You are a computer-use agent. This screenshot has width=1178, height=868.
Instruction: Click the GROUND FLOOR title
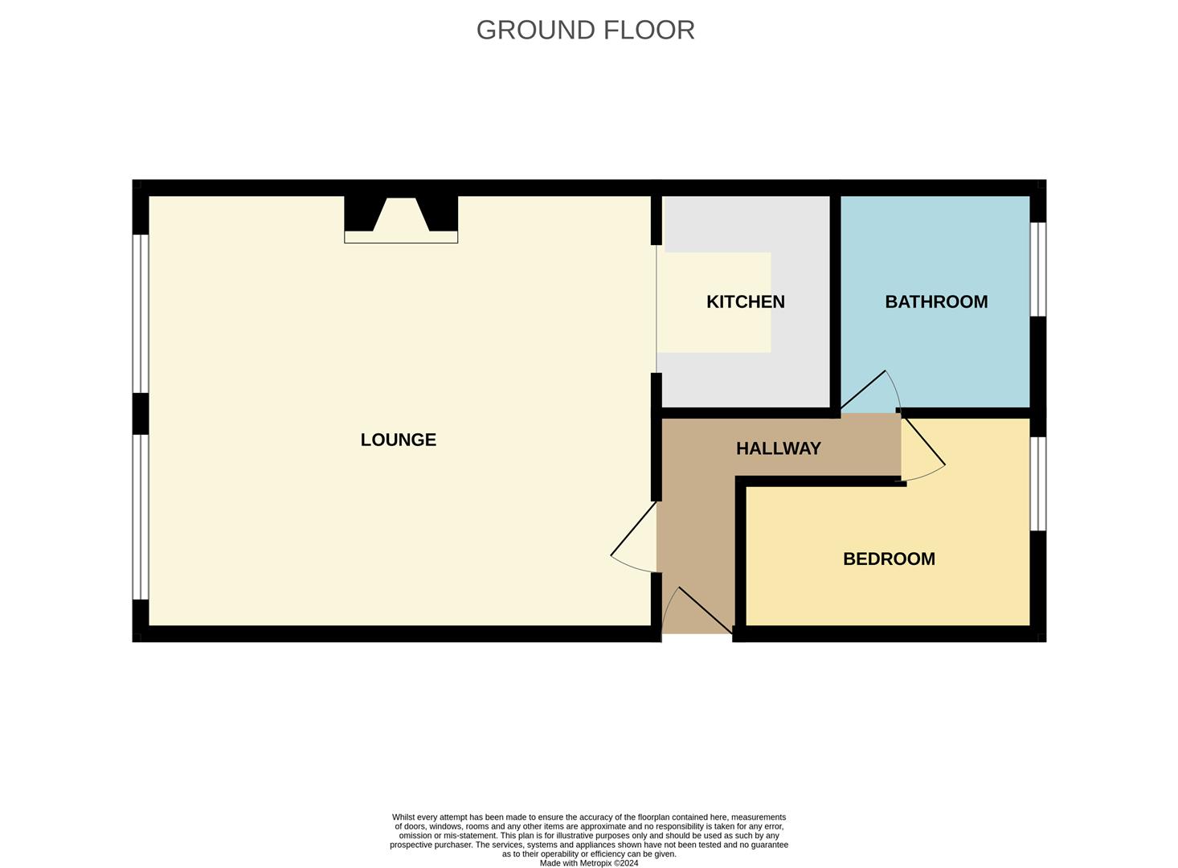(x=585, y=30)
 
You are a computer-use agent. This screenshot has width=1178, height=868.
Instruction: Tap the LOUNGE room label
(x=398, y=440)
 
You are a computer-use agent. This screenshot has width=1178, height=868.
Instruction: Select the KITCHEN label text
(x=745, y=301)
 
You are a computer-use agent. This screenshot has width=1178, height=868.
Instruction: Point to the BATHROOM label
(x=936, y=301)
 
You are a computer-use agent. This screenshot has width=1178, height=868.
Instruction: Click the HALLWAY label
(x=778, y=448)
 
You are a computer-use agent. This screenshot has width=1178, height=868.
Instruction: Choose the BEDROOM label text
(x=889, y=559)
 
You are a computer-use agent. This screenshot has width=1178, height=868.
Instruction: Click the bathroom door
(x=863, y=393)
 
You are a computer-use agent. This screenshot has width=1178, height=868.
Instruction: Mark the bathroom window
(x=1038, y=269)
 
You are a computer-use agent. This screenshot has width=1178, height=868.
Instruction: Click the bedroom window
(x=1038, y=483)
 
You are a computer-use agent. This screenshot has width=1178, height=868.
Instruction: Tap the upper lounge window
(x=141, y=313)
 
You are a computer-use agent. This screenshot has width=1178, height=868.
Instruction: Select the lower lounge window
(x=141, y=517)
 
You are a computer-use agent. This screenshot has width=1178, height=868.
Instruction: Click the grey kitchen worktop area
(x=800, y=378)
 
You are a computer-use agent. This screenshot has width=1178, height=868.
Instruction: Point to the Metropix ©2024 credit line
(x=589, y=863)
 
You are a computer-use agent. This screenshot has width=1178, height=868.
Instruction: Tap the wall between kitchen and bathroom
(x=835, y=301)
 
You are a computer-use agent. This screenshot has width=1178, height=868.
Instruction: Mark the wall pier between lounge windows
(x=141, y=413)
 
